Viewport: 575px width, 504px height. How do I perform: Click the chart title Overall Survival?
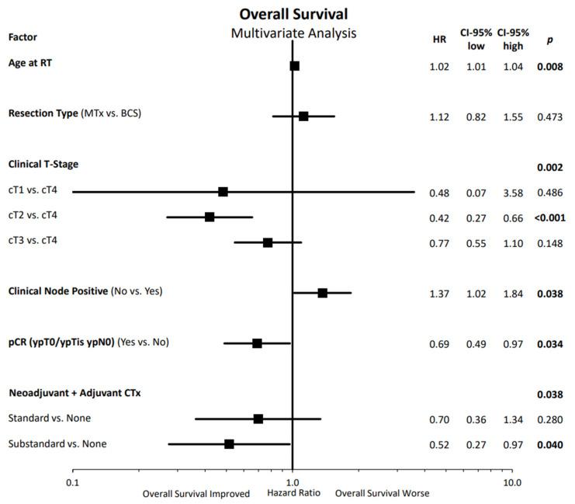[x=293, y=15]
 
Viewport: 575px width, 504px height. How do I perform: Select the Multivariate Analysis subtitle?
[x=293, y=33]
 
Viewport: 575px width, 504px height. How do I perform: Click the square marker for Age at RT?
[x=294, y=66]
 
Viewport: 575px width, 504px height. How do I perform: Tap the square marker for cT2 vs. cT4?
[x=210, y=217]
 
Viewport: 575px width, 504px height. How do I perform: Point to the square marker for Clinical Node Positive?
[x=322, y=293]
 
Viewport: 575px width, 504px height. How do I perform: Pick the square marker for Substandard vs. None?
[x=229, y=443]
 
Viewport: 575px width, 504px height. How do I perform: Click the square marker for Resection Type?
[x=303, y=116]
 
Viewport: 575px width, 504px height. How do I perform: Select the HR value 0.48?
[x=439, y=192]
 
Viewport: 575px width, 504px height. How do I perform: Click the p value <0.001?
[x=549, y=217]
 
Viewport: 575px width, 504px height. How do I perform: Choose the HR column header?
[x=439, y=40]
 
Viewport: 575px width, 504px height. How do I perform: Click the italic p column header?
[x=549, y=40]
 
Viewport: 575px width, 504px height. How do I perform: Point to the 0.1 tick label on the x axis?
[x=72, y=481]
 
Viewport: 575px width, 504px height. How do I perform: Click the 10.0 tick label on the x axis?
[x=511, y=481]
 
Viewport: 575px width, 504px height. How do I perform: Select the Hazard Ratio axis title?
[x=293, y=492]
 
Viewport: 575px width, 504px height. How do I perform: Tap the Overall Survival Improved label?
[x=196, y=493]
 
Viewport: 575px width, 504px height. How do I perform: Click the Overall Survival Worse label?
[x=382, y=493]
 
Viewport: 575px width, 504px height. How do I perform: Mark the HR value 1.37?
[x=439, y=294]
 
